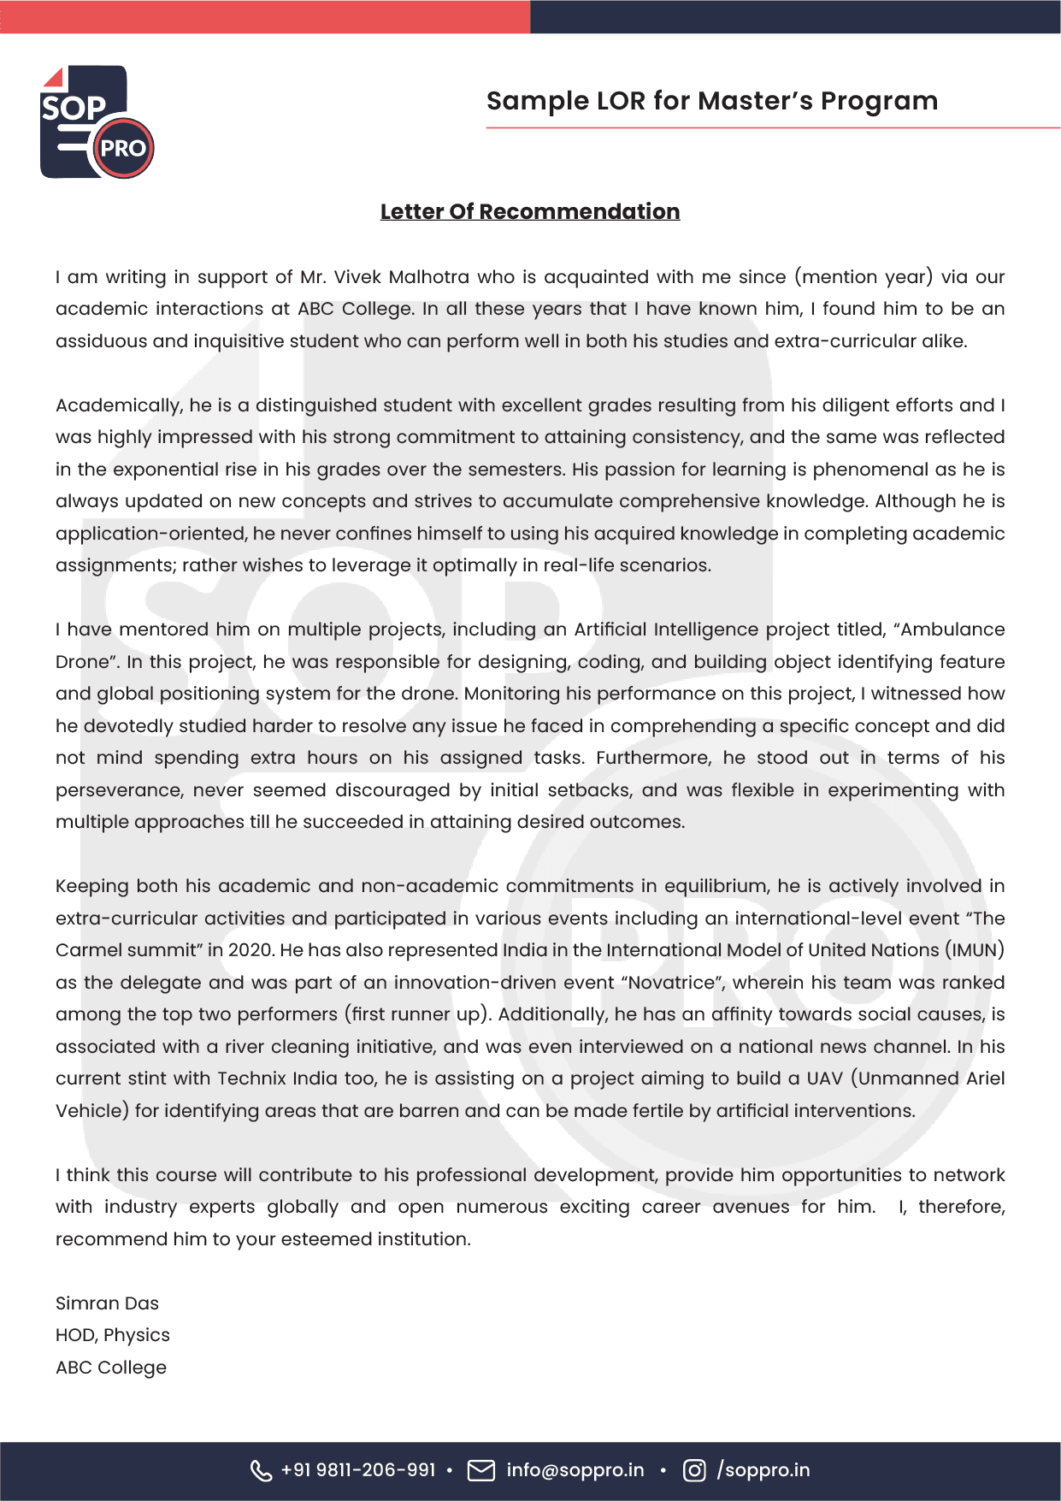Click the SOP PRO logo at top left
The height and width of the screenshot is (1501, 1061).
click(97, 122)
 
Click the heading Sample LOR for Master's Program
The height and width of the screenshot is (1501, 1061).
click(711, 101)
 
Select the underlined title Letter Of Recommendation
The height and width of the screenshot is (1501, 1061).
click(529, 211)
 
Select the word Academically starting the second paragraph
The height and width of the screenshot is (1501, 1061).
click(119, 405)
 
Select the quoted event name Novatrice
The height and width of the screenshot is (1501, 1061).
click(671, 983)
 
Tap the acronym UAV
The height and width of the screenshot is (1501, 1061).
click(824, 1078)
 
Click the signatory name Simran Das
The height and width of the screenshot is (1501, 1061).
click(107, 1303)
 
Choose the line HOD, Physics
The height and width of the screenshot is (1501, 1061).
click(112, 1335)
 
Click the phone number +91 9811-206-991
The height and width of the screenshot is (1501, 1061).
click(357, 1470)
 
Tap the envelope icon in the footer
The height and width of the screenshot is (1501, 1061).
click(481, 1470)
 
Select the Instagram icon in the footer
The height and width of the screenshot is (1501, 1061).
click(694, 1470)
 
